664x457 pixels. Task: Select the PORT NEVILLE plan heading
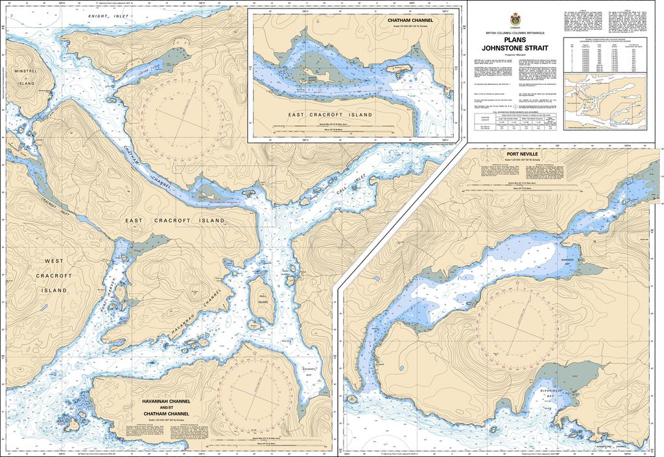coord(509,154)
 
